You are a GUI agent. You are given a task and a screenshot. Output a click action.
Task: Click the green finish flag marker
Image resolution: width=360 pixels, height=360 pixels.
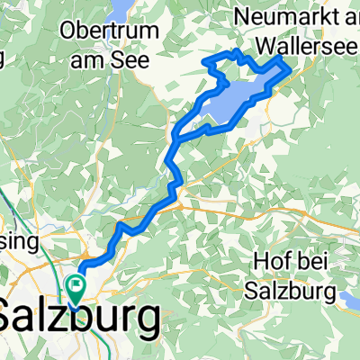(x=76, y=289)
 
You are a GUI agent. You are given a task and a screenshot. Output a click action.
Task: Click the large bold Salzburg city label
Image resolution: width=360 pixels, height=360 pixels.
(x=81, y=317)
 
